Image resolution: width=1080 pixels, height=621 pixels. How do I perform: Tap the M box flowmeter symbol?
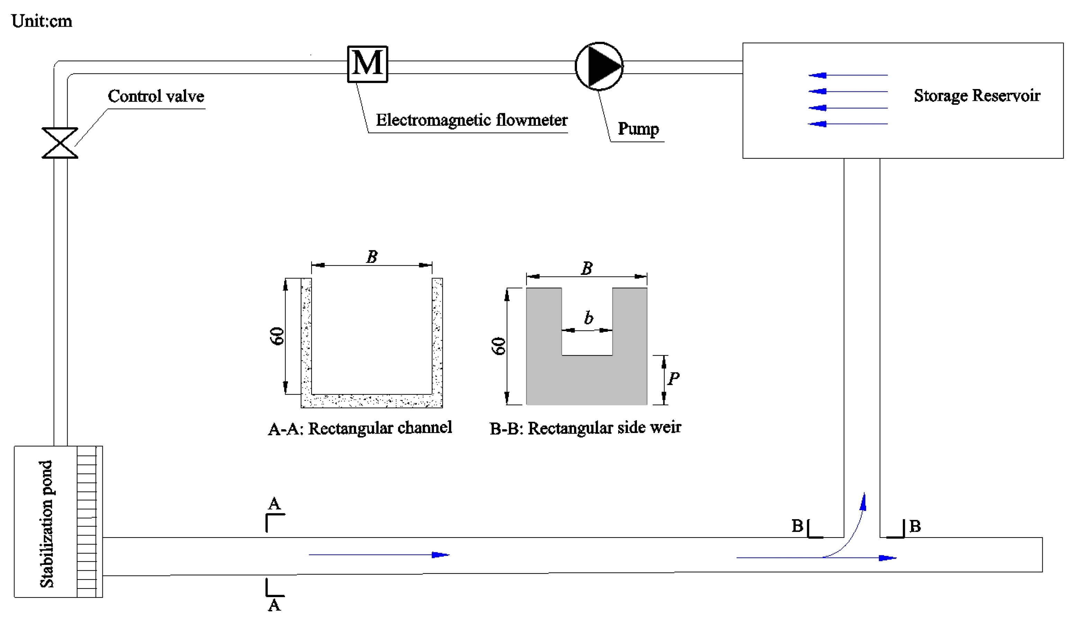(x=367, y=64)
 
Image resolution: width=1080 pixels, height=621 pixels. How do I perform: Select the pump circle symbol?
(x=599, y=66)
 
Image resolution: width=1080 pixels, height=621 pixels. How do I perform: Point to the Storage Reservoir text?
(x=976, y=96)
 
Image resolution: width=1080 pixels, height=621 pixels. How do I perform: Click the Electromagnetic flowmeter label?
(x=471, y=120)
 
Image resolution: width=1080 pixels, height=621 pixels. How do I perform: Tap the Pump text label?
(x=638, y=128)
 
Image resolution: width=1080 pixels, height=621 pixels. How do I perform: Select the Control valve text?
(x=156, y=96)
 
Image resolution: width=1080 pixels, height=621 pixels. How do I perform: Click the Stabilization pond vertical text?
(x=46, y=524)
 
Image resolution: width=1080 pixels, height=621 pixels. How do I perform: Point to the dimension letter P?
(x=673, y=378)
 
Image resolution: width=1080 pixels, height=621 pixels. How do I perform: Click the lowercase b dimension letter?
(x=588, y=318)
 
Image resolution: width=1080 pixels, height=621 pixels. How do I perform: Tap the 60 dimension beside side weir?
(x=498, y=346)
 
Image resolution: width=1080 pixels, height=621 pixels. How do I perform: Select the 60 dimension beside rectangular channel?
(x=277, y=336)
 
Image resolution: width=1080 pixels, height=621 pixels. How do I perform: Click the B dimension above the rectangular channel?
(x=372, y=257)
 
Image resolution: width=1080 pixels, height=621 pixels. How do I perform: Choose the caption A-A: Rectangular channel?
(x=360, y=428)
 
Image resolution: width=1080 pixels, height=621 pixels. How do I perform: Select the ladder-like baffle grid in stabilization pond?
(x=87, y=522)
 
